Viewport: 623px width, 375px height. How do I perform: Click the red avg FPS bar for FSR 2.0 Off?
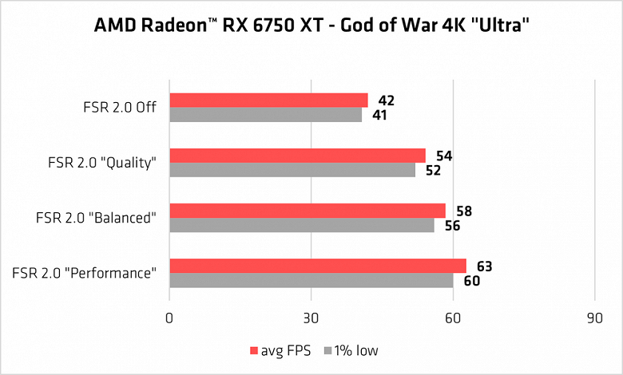pos(268,101)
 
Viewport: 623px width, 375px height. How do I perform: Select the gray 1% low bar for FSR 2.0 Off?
pos(265,115)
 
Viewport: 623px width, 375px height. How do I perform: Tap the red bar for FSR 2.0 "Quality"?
pos(297,156)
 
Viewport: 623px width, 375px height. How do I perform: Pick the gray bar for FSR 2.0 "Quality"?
pos(292,170)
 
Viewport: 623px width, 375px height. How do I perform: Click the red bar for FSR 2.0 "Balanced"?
pos(308,211)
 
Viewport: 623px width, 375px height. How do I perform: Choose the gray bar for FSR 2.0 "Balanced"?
pos(302,225)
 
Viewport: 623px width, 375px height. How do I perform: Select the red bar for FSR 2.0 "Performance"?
pos(318,266)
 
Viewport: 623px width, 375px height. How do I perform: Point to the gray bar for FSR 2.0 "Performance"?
pos(311,280)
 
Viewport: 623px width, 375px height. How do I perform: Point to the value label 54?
pos(444,156)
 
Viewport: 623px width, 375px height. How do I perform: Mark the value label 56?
pos(453,226)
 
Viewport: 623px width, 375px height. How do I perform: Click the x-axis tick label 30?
pos(311,318)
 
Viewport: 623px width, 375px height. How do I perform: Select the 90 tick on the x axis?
pos(595,318)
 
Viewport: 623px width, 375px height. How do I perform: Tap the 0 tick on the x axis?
pos(169,318)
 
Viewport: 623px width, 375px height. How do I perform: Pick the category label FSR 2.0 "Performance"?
pos(84,273)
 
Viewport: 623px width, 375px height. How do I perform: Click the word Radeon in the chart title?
pos(168,26)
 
